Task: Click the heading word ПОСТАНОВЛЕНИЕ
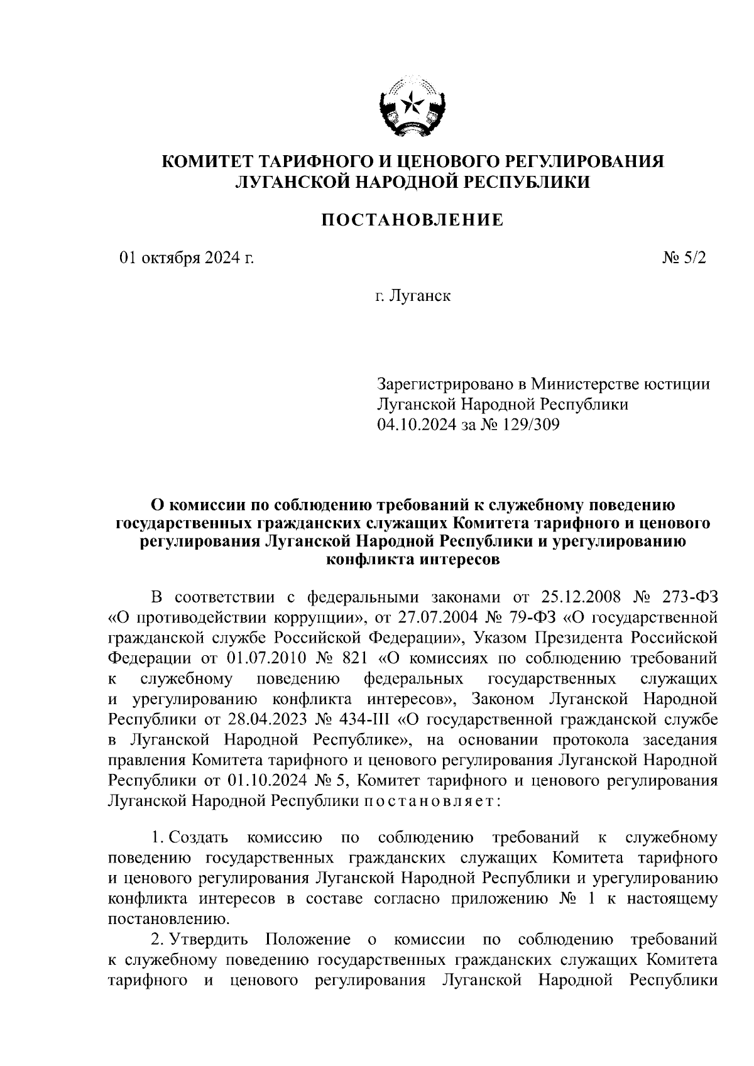[413, 220]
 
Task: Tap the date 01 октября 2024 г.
[187, 258]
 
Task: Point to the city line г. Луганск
[413, 295]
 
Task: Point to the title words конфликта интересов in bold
[413, 560]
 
